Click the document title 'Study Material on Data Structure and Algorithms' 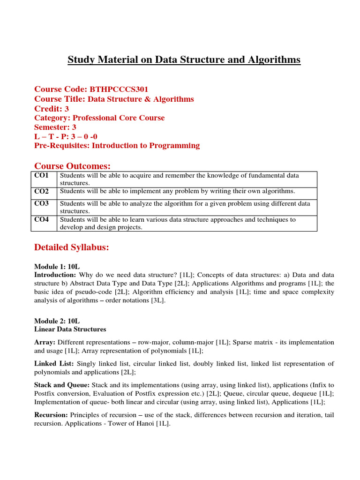pos(184,60)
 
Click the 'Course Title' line pos(114,99)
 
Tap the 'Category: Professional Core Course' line pos(99,118)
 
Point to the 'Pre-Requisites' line pos(117,145)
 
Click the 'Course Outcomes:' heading pos(72,166)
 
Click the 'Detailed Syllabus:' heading pos(72,247)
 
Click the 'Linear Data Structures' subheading pos(70,330)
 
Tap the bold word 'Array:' pos(45,342)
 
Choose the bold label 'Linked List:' pos(54,363)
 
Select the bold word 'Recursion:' pos(51,415)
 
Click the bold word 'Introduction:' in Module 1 pos(55,275)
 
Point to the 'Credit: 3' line pos(52,108)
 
